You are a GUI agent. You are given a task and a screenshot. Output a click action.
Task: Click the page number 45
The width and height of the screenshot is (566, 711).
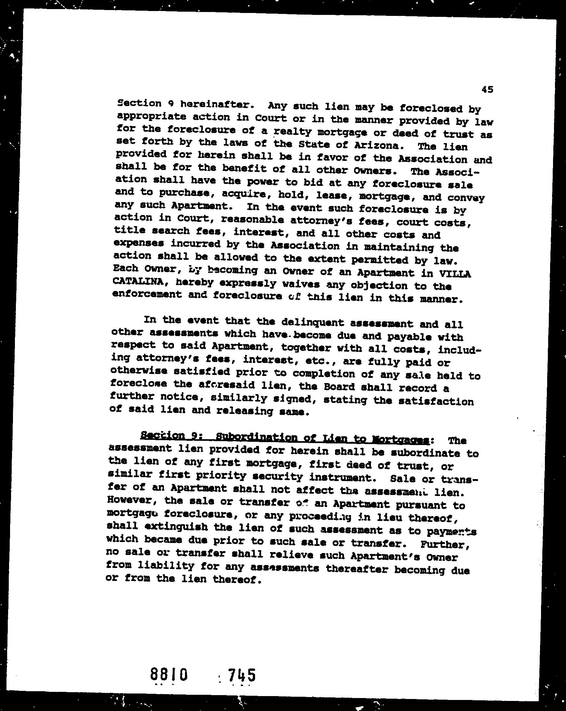(487, 89)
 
